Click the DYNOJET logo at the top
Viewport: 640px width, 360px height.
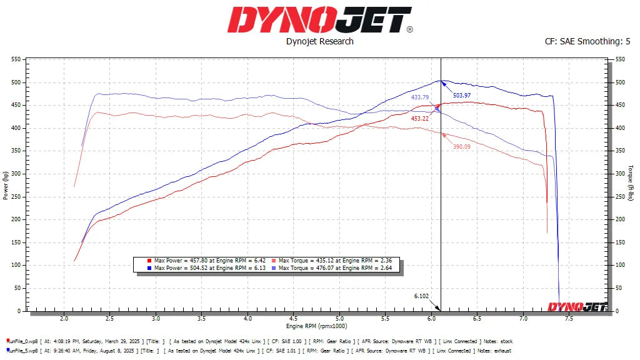[x=319, y=19]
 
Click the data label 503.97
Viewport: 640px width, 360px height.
[x=461, y=95]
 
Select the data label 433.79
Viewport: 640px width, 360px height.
[x=420, y=97]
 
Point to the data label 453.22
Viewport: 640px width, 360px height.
[x=419, y=118]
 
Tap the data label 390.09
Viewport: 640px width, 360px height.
[x=462, y=146]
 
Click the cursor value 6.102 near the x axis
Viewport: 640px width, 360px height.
[x=421, y=296]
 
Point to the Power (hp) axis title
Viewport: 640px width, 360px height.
[x=6, y=186]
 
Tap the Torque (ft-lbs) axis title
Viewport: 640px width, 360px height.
[x=631, y=183]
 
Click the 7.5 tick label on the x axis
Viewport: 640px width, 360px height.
[x=569, y=318]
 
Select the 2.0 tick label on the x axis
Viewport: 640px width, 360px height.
[x=64, y=318]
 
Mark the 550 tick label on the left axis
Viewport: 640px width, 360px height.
[x=16, y=59]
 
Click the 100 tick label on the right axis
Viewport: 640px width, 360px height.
[x=619, y=265]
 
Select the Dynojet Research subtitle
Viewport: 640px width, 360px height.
[x=319, y=41]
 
